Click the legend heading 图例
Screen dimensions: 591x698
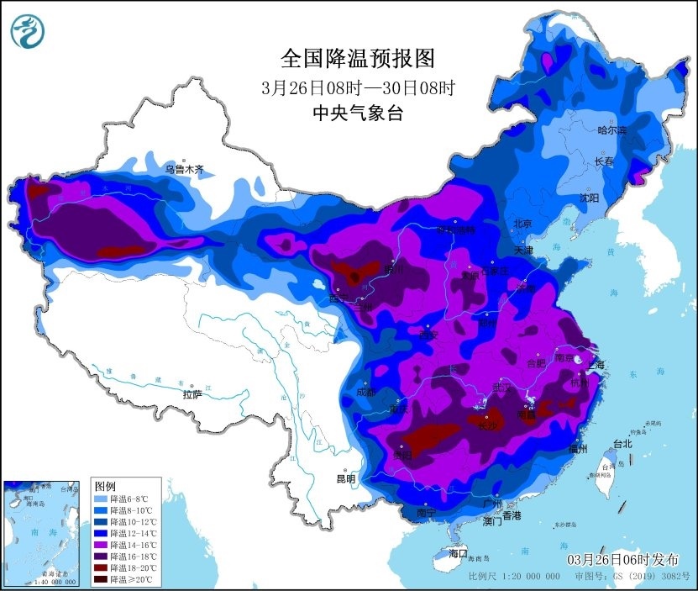tap(105, 487)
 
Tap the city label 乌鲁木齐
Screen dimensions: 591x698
tap(184, 169)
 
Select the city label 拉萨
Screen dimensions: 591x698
tap(192, 393)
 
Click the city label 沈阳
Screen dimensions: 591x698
tap(589, 198)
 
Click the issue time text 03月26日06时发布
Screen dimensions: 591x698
tap(622, 560)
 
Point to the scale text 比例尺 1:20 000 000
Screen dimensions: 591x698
tap(514, 578)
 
